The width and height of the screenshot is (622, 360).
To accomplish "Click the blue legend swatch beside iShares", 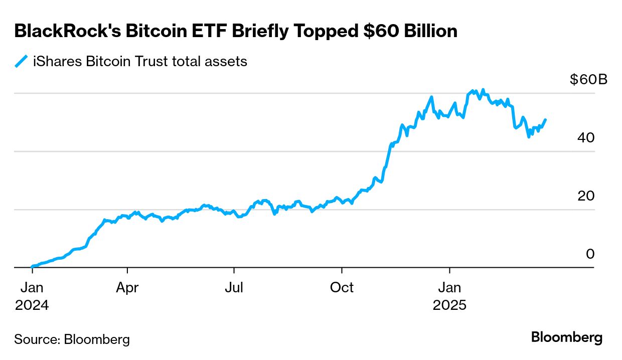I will (21, 62).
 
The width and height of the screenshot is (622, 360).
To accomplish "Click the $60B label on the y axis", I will (588, 80).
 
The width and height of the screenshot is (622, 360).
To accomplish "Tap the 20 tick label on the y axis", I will (585, 196).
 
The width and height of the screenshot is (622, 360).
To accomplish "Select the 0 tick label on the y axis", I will (590, 254).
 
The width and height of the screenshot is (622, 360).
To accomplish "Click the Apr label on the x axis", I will (127, 288).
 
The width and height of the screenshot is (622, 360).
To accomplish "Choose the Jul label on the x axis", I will (234, 288).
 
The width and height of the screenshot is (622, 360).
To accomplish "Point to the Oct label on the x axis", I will (342, 288).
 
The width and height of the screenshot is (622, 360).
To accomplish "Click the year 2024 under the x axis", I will (32, 305).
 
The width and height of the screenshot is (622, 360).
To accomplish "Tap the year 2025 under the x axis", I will (450, 305).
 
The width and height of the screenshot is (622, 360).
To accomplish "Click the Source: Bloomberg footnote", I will (72, 339).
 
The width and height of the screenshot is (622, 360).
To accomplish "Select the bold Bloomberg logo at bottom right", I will (567, 337).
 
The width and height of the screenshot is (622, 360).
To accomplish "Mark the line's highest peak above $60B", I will (483, 90).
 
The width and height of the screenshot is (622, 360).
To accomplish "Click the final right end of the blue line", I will (545, 120).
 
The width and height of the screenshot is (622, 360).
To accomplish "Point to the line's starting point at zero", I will (32, 267).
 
